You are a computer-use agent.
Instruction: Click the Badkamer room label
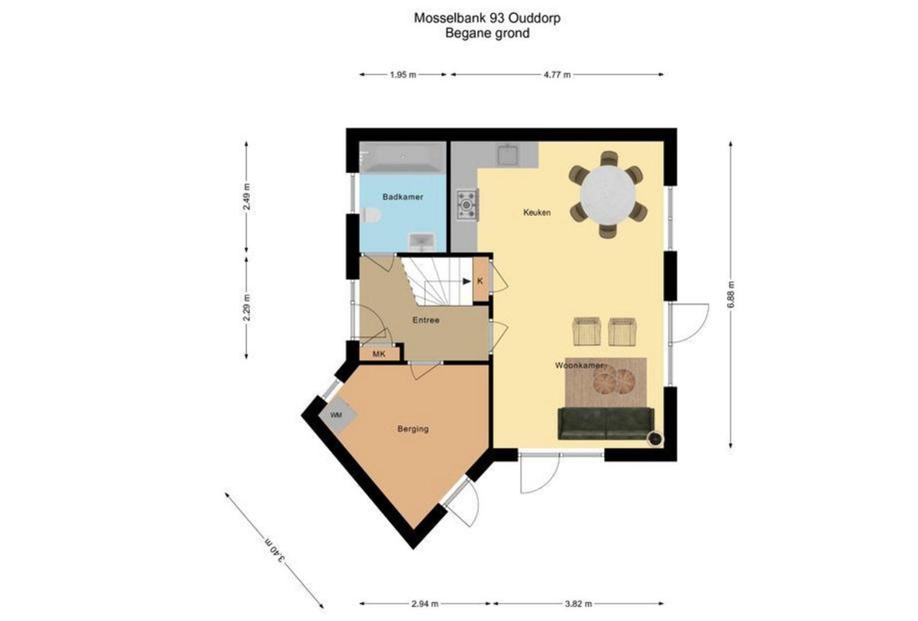(x=402, y=197)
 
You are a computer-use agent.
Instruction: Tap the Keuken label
(x=537, y=213)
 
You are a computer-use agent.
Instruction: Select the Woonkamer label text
(x=579, y=365)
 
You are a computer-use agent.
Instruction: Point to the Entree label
(x=426, y=321)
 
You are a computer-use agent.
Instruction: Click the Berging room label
(x=413, y=429)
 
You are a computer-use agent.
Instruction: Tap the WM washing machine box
(x=337, y=415)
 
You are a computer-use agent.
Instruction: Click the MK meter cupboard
(x=379, y=354)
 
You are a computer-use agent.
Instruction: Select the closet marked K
(x=480, y=281)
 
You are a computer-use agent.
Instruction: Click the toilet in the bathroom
(x=371, y=215)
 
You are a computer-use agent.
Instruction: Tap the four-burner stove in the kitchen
(x=468, y=205)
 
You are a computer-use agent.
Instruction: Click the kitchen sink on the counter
(x=508, y=155)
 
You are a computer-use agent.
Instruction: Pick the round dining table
(x=608, y=195)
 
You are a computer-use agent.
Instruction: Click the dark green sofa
(x=606, y=424)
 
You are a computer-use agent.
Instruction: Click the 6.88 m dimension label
(x=731, y=295)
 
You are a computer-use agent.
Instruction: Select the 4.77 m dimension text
(x=557, y=75)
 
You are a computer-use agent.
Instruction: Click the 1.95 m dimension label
(x=403, y=75)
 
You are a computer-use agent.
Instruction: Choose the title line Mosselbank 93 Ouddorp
(x=487, y=18)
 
